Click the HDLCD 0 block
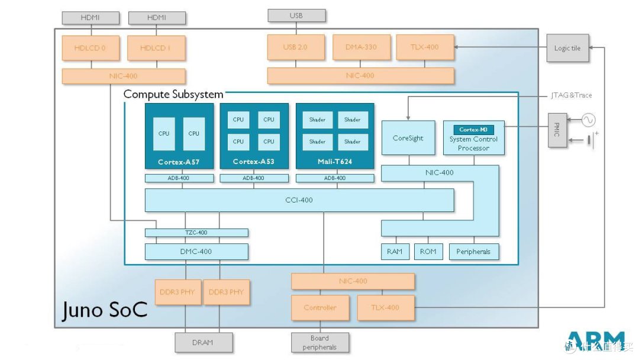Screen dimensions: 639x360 click(91, 48)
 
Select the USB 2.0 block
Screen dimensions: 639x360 click(296, 47)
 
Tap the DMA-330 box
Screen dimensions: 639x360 click(361, 47)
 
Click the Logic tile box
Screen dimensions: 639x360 click(567, 48)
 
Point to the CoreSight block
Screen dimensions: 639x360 click(408, 138)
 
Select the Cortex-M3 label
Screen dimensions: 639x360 click(473, 130)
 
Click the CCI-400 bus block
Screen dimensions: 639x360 click(299, 200)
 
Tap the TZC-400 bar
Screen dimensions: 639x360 click(196, 233)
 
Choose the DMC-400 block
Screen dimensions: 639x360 click(196, 252)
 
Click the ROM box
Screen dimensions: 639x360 click(428, 252)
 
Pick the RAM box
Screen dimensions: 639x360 click(395, 252)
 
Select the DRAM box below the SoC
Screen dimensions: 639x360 click(204, 342)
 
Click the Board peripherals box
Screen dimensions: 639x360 click(320, 342)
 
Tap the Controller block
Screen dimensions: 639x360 click(320, 308)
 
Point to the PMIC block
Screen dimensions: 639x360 click(557, 130)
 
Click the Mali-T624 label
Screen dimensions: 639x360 click(334, 162)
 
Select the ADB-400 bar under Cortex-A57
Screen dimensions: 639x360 click(179, 178)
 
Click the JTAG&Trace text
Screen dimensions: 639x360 click(572, 95)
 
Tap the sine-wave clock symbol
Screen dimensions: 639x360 click(588, 120)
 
